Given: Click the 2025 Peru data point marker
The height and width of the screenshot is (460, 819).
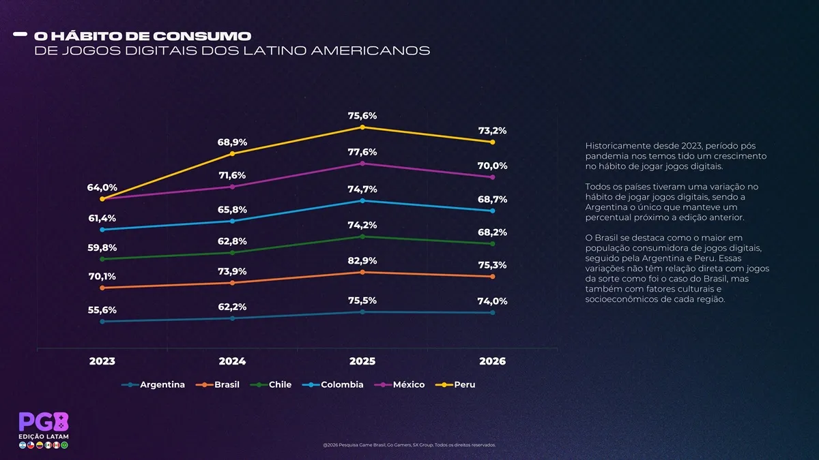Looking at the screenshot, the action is click(x=362, y=127).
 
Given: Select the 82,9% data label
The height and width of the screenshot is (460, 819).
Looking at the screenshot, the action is click(x=362, y=260).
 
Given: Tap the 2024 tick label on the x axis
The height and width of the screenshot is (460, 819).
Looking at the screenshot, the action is click(x=232, y=361).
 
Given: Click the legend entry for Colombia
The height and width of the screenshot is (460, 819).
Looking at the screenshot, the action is click(x=333, y=384).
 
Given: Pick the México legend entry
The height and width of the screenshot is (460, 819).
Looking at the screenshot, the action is click(x=400, y=384).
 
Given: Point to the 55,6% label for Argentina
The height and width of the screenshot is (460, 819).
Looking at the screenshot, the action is click(x=102, y=310).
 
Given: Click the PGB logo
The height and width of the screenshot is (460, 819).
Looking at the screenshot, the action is click(x=44, y=422).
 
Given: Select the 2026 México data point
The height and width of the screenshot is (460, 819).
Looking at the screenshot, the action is click(x=493, y=177).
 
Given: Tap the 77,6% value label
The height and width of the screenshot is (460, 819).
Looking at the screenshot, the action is click(x=362, y=152).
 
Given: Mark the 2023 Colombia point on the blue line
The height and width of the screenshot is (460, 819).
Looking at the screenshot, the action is click(x=102, y=230).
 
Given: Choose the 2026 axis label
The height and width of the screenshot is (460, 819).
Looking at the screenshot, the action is click(x=493, y=361).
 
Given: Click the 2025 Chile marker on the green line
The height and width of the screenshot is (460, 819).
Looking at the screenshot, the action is click(x=362, y=236).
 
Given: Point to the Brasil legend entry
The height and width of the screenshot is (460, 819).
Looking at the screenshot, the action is click(x=218, y=384).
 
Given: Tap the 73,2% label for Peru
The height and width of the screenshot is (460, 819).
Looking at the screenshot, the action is click(x=493, y=130).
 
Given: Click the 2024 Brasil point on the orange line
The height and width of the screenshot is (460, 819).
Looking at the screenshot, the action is click(x=232, y=283).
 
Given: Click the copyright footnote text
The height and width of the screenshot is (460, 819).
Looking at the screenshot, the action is click(x=409, y=445).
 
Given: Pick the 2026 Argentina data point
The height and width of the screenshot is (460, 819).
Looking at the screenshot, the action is click(x=493, y=313).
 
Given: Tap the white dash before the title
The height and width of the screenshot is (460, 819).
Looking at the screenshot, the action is click(x=20, y=34).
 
